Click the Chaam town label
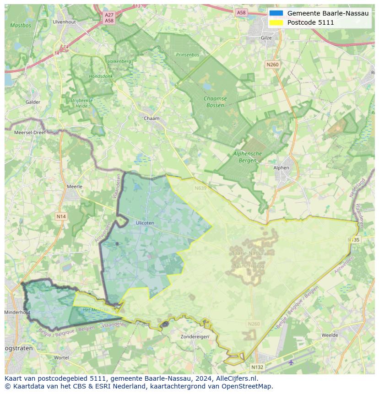click(152, 119)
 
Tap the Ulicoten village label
click(145, 223)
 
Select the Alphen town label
click(281, 168)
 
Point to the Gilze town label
click(266, 38)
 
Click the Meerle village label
click(75, 187)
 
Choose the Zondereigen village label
click(195, 336)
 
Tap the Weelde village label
click(330, 335)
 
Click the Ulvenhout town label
click(64, 22)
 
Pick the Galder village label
click(33, 102)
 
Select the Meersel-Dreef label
click(30, 132)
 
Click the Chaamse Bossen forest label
click(215, 102)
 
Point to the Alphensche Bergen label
click(248, 157)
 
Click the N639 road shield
click(200, 188)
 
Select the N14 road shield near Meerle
click(61, 216)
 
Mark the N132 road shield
click(257, 367)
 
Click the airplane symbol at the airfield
click(291, 362)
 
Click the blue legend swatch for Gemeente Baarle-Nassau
click(276, 13)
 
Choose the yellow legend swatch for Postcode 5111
click(276, 22)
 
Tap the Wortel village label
click(61, 357)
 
